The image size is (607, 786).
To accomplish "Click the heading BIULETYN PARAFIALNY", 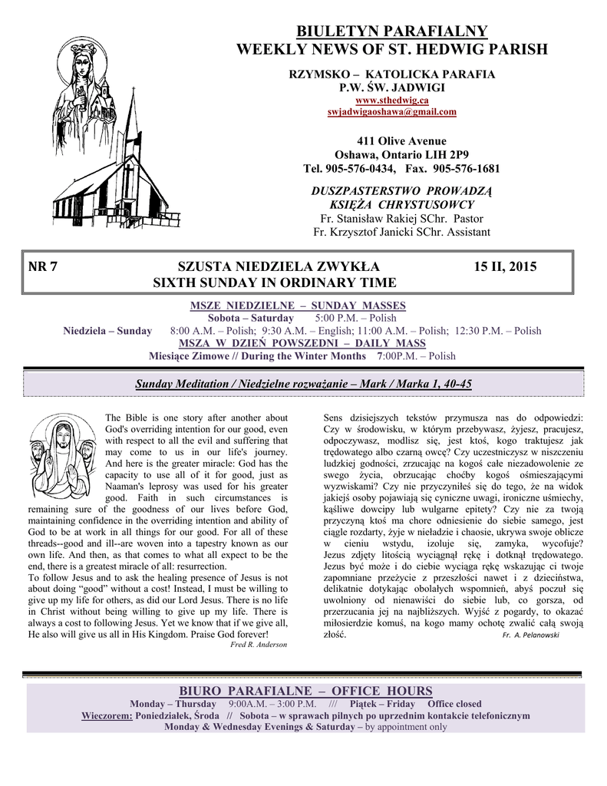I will [391, 31].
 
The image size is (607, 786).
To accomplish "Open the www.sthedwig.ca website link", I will [391, 101].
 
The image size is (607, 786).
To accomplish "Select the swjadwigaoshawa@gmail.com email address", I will [391, 112].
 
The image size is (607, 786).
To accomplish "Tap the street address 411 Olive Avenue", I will [391, 141].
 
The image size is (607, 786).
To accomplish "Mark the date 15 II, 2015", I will [505, 268].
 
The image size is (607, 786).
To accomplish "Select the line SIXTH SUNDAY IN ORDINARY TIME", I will [275, 283].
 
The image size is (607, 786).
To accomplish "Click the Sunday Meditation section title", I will [303, 384].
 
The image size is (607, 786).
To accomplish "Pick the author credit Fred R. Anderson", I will [259, 645].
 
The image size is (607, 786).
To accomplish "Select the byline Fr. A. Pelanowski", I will [530, 636].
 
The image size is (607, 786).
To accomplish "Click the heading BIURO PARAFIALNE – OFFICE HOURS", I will [304, 692].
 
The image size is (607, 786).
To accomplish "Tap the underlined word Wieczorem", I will [107, 715].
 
